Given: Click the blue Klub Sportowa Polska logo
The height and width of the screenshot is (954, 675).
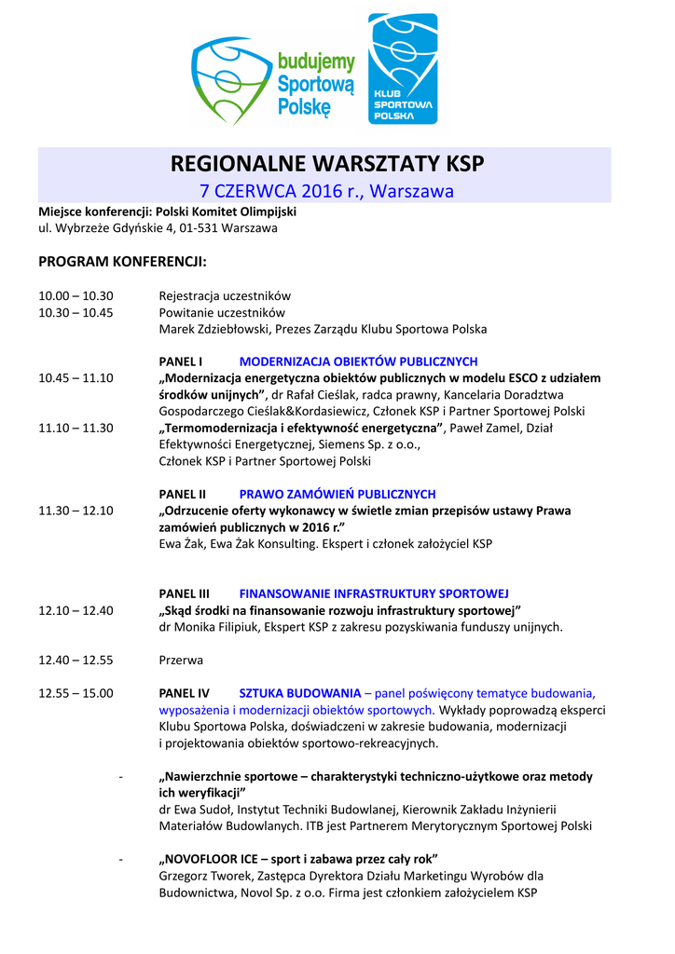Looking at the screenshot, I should pyautogui.click(x=403, y=69).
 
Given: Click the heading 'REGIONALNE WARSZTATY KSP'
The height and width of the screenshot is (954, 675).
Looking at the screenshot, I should pyautogui.click(x=327, y=164).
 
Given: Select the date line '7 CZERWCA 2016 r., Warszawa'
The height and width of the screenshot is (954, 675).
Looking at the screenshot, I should pyautogui.click(x=327, y=192).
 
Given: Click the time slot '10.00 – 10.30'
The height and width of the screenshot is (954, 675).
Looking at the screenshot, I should pyautogui.click(x=76, y=295).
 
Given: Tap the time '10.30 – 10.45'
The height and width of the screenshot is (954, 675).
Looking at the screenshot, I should pyautogui.click(x=76, y=312).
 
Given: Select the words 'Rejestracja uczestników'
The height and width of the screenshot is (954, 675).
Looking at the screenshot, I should pyautogui.click(x=225, y=295).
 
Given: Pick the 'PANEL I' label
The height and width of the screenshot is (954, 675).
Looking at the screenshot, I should pyautogui.click(x=181, y=361).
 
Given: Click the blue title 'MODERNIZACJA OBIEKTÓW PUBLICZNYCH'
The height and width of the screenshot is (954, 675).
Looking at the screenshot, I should pyautogui.click(x=358, y=361).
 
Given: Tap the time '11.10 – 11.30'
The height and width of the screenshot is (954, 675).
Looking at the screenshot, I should pyautogui.click(x=76, y=428).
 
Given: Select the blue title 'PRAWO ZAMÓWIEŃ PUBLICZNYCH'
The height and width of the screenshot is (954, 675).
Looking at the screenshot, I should pyautogui.click(x=337, y=494).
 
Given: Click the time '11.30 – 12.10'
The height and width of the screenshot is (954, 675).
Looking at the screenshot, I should pyautogui.click(x=76, y=511).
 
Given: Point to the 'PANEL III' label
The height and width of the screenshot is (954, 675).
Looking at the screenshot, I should pyautogui.click(x=185, y=593).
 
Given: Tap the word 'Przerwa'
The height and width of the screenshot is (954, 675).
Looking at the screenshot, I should pyautogui.click(x=181, y=660).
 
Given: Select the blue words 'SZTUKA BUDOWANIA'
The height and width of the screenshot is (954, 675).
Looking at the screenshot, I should pyautogui.click(x=300, y=693).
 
